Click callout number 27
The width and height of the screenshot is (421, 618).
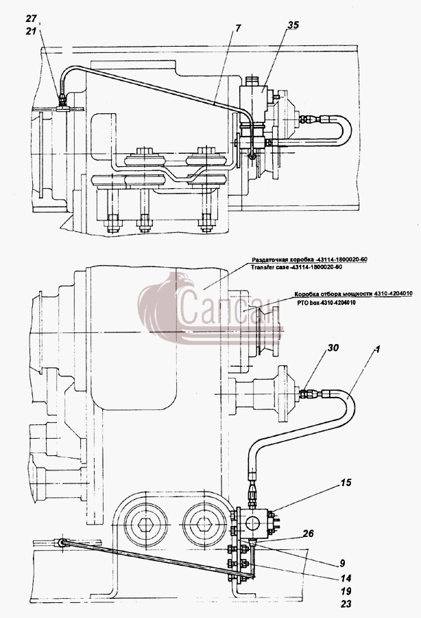[31, 19]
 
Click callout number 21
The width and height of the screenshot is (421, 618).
[31, 31]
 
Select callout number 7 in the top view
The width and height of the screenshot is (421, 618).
[239, 28]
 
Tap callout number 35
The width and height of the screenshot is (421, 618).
[293, 25]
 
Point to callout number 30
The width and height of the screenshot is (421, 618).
[333, 347]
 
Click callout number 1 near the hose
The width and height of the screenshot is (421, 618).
[378, 349]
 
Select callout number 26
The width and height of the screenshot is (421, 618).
[308, 534]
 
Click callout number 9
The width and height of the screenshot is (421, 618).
[343, 564]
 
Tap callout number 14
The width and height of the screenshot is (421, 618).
[346, 579]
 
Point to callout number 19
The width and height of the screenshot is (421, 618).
[346, 591]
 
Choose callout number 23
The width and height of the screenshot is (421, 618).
[346, 604]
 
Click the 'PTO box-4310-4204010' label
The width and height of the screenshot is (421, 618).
[326, 303]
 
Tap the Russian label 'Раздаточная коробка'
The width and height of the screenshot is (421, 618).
[282, 260]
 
